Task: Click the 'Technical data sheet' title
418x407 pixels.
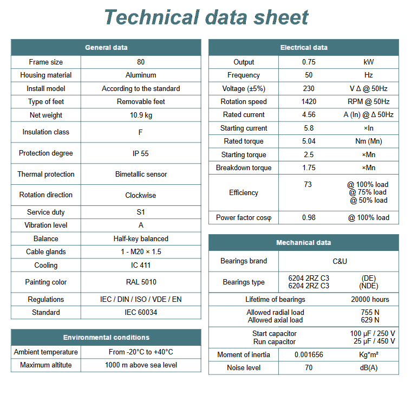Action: (206, 17)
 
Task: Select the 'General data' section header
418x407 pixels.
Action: (106, 48)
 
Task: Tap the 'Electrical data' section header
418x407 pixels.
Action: (304, 48)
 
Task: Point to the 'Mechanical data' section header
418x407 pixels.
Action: (304, 243)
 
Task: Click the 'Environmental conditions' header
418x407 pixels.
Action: (106, 338)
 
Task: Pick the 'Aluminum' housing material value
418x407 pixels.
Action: (141, 75)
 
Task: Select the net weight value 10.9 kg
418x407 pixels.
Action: (141, 115)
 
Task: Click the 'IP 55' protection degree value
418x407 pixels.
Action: (141, 153)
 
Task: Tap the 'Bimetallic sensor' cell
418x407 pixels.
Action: (141, 175)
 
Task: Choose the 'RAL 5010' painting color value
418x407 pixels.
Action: (141, 282)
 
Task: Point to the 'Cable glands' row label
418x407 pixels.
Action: (46, 252)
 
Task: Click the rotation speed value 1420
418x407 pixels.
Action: (309, 102)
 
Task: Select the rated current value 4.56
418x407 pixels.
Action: (309, 115)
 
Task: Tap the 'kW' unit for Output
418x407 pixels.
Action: (369, 62)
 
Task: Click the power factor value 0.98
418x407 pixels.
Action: (309, 218)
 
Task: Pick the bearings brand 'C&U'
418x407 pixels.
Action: (339, 261)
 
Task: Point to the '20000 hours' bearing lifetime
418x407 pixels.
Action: (370, 300)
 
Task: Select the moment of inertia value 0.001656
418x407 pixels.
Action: (309, 355)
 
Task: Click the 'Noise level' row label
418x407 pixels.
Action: (244, 368)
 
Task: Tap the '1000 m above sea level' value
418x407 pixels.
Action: (141, 365)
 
